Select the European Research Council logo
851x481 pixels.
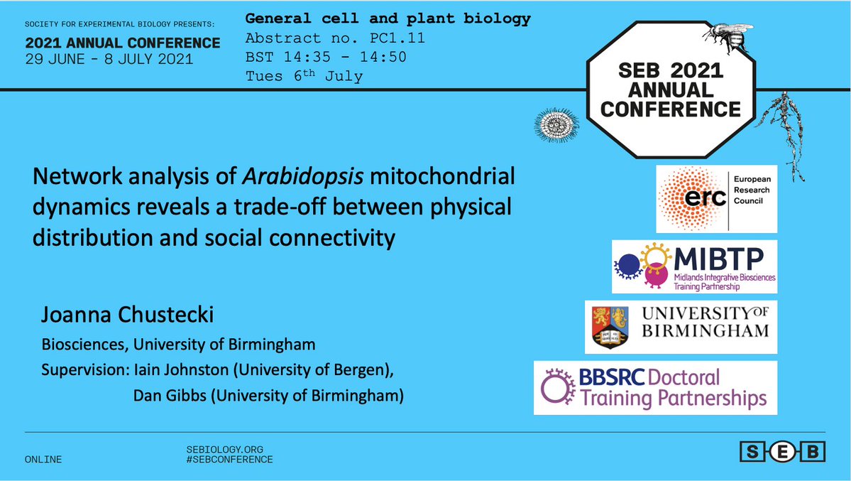click(x=715, y=198)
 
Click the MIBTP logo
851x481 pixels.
click(x=694, y=266)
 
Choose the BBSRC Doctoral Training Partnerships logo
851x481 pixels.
click(x=654, y=388)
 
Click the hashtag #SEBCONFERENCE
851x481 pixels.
click(x=228, y=460)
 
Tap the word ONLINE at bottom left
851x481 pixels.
click(x=43, y=460)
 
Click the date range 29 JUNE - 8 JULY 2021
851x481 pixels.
click(x=109, y=60)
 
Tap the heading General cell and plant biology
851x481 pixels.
click(x=388, y=19)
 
